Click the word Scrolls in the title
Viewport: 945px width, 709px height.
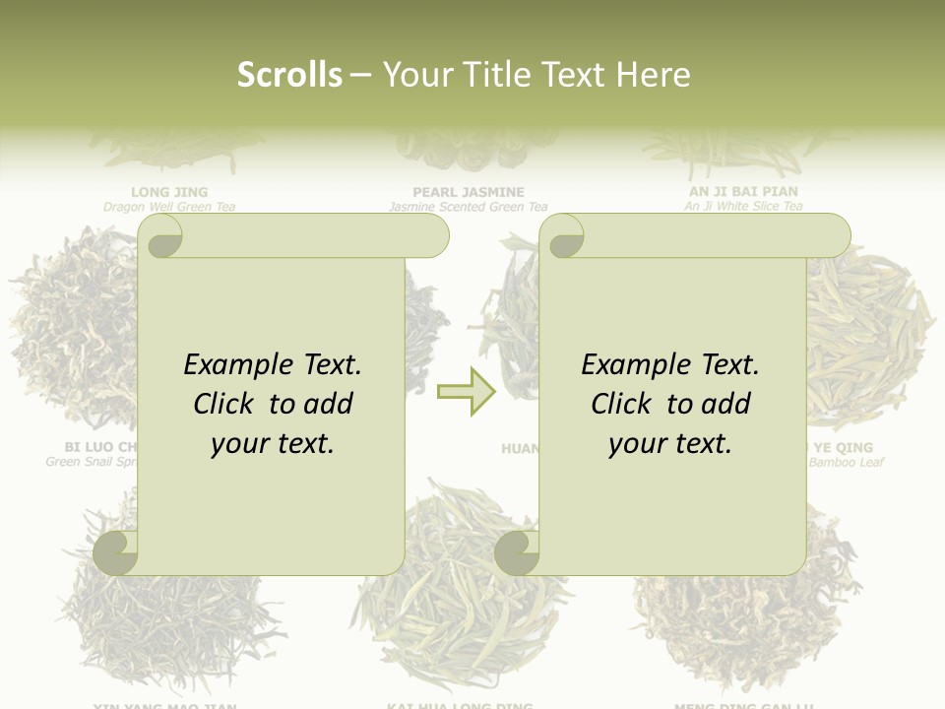pos(289,75)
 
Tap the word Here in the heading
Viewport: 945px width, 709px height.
pos(653,75)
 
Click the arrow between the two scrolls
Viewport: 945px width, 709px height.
pos(467,392)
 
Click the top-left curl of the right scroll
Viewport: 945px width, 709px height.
pos(563,236)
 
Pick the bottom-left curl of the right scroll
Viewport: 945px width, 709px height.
pos(517,551)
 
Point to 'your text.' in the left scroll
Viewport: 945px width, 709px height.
pos(273,443)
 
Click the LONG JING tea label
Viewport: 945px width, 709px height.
pos(169,192)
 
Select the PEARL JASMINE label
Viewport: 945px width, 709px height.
pos(469,192)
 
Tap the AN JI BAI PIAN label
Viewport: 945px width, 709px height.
pos(744,191)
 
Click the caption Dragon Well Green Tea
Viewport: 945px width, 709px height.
pos(169,207)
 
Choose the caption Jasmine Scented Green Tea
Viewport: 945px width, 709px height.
pos(469,207)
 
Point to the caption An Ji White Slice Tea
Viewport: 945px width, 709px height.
pos(744,206)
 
